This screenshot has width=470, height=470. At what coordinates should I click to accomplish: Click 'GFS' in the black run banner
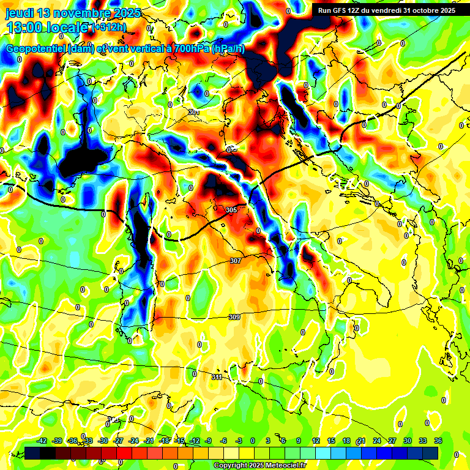[341, 10]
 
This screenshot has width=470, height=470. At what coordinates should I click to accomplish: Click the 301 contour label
[194, 112]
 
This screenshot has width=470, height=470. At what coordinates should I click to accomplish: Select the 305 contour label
[231, 210]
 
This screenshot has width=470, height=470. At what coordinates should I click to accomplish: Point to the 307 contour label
[236, 261]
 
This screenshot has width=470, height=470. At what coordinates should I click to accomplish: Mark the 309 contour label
[234, 317]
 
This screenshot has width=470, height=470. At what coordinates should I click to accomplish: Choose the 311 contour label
[217, 377]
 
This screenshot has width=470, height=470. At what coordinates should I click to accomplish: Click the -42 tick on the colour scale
[42, 441]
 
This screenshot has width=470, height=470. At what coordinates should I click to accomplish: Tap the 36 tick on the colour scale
[438, 441]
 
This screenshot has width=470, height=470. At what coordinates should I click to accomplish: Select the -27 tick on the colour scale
[118, 441]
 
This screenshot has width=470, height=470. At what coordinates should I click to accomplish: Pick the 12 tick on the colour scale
[316, 441]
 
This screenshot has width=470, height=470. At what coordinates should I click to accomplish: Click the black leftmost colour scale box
[32, 453]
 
